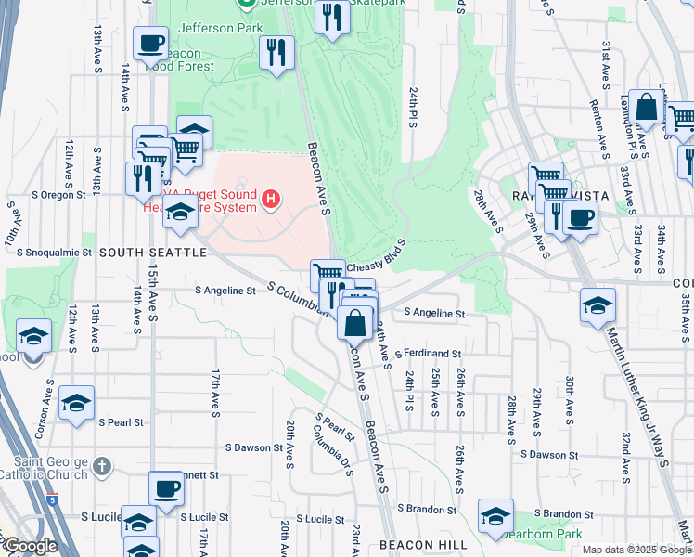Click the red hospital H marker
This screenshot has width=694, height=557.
click(x=270, y=199)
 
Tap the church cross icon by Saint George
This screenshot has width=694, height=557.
click(x=103, y=464)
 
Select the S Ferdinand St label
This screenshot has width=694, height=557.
click(x=428, y=354)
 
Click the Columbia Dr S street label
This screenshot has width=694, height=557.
click(x=332, y=447)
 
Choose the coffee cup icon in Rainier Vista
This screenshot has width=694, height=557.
click(x=580, y=218)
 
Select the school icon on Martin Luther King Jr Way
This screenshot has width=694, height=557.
click(x=597, y=304)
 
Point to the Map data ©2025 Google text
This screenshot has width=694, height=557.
click(x=636, y=550)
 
